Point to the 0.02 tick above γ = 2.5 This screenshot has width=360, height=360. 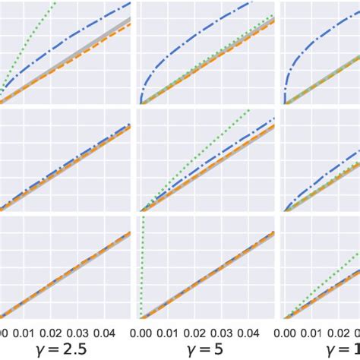[50, 333]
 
